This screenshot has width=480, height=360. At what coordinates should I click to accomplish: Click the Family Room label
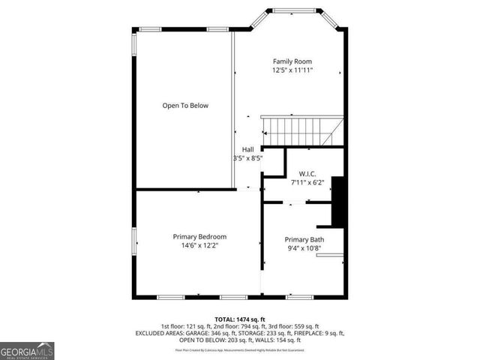pyautogui.click(x=292, y=61)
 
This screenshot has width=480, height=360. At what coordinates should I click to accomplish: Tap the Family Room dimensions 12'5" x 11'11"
pyautogui.click(x=292, y=70)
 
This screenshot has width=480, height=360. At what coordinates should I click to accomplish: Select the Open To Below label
pyautogui.click(x=185, y=106)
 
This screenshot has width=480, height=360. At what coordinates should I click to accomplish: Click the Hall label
pyautogui.click(x=247, y=149)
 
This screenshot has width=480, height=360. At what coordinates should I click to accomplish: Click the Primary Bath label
pyautogui.click(x=304, y=240)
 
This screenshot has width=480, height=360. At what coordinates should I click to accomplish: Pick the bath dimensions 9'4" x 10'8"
pyautogui.click(x=304, y=249)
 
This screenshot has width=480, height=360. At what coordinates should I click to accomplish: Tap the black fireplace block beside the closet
pyautogui.click(x=338, y=201)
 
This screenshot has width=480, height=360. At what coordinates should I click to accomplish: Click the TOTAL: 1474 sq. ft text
pyautogui.click(x=240, y=319)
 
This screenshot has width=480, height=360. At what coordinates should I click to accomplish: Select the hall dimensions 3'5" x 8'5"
pyautogui.click(x=247, y=158)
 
